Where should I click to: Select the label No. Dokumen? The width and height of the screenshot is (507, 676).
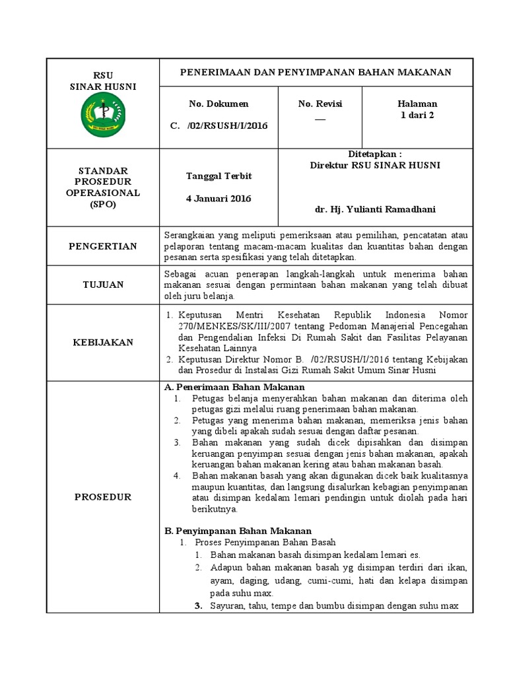point(219,104)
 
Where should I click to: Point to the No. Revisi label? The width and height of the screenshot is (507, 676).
point(320,104)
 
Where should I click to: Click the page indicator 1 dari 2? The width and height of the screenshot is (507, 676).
point(417,115)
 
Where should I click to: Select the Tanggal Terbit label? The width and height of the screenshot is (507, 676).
point(219,176)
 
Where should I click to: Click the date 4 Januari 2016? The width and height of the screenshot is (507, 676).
point(219,198)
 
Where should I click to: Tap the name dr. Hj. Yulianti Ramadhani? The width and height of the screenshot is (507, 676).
point(375,209)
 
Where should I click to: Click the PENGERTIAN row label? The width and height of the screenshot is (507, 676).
point(102,246)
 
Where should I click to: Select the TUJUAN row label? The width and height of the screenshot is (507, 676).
point(102,284)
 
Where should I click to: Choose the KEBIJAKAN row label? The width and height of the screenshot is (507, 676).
point(102,342)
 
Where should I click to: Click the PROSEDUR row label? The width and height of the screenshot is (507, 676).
point(102,496)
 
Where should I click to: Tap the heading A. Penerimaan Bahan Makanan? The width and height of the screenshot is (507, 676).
point(234,387)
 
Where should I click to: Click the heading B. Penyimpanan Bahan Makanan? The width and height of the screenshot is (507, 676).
point(236,531)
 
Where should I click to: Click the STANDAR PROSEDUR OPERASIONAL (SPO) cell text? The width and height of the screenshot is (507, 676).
point(102,187)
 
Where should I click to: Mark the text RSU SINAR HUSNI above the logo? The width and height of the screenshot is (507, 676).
point(102,81)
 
